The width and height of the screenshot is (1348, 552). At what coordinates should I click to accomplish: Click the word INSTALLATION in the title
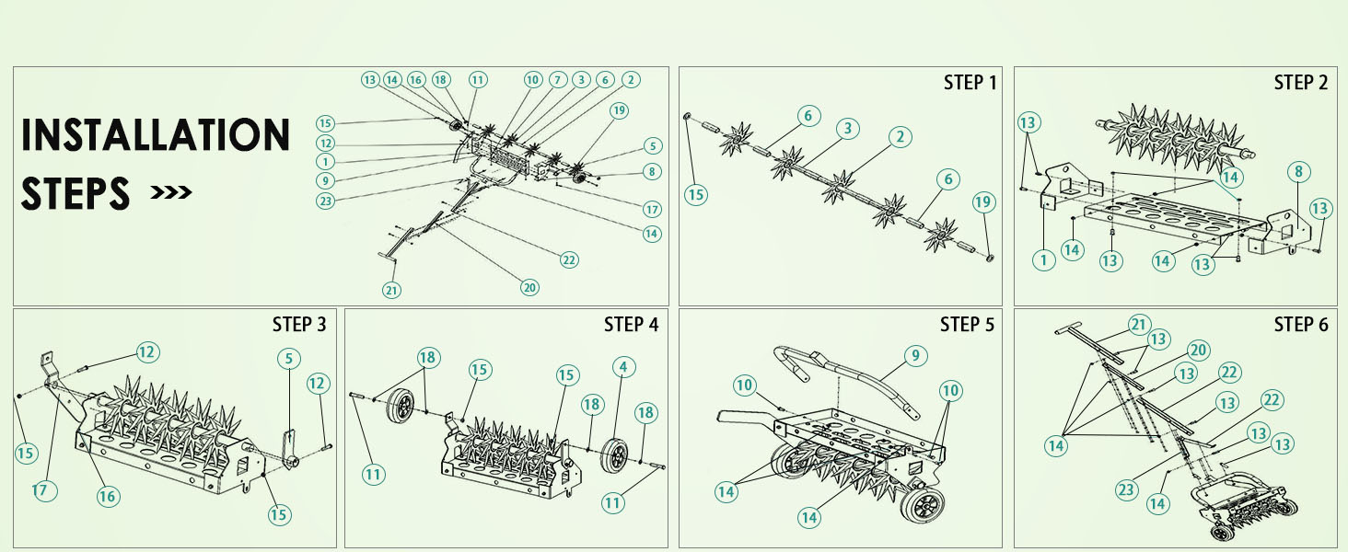tap(155, 135)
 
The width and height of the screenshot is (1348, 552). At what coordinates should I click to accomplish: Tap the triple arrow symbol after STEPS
tap(171, 193)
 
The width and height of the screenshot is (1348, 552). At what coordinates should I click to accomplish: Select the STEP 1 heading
tap(970, 83)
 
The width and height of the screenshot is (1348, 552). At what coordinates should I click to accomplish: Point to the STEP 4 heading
tap(631, 325)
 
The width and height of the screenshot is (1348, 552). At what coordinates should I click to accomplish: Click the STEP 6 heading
tap(1301, 325)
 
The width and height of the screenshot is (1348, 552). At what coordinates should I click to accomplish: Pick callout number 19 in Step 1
tap(983, 201)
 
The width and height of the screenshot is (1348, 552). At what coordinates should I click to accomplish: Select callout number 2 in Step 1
tap(900, 137)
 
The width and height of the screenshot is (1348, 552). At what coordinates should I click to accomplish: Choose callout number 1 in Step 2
tap(1043, 260)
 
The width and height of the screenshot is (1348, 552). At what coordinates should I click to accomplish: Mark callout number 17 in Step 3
tap(42, 490)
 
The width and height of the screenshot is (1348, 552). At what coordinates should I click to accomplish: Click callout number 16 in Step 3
tap(108, 496)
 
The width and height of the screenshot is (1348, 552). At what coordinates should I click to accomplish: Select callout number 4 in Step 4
tap(623, 367)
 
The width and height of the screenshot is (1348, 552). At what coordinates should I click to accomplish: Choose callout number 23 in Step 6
tap(1126, 490)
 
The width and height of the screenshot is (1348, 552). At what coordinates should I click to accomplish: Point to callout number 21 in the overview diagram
tap(392, 290)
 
